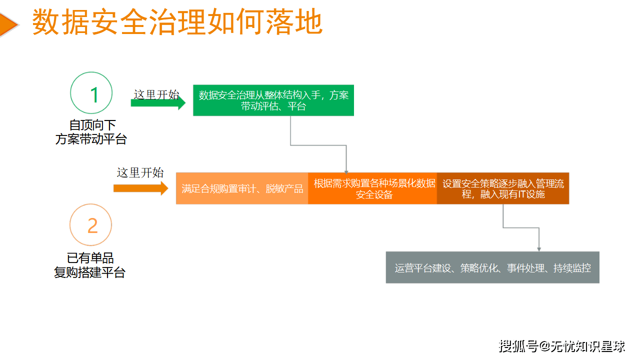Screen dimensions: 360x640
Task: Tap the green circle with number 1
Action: (x=91, y=93)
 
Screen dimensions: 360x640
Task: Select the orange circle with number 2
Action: (x=91, y=225)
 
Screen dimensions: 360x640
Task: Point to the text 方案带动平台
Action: (x=91, y=139)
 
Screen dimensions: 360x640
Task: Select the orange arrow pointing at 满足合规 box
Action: (x=140, y=188)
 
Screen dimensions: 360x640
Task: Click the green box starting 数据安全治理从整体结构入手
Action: (x=273, y=100)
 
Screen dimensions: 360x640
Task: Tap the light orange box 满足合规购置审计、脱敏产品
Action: (x=242, y=188)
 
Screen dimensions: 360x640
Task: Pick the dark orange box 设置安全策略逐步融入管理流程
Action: (x=503, y=188)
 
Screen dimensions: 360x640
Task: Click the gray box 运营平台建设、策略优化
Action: (x=492, y=267)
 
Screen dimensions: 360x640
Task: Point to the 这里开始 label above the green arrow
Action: (x=156, y=94)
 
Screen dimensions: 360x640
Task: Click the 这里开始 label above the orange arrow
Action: (x=140, y=173)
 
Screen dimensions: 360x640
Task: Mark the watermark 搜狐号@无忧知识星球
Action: (x=562, y=345)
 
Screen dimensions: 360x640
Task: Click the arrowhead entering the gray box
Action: (x=539, y=248)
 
